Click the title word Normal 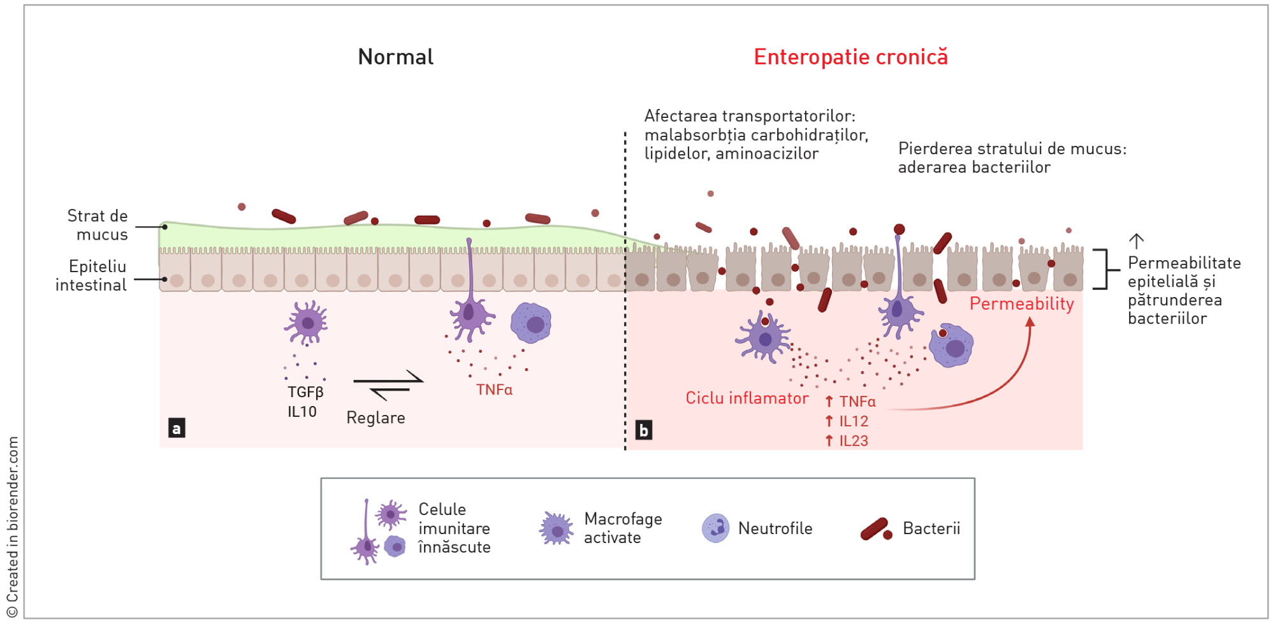click(x=395, y=57)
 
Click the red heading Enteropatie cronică click(x=850, y=57)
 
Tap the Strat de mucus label click(x=98, y=225)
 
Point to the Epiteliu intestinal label click(x=92, y=275)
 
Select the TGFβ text click(x=305, y=392)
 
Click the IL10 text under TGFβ click(x=302, y=412)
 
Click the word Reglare click(x=375, y=417)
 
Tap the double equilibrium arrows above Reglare click(x=388, y=384)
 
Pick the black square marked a click(x=177, y=428)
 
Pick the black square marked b click(x=643, y=430)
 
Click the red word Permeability click(x=1021, y=303)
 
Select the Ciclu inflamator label click(x=747, y=398)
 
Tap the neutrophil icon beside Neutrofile click(x=715, y=528)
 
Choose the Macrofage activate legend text click(x=622, y=528)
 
